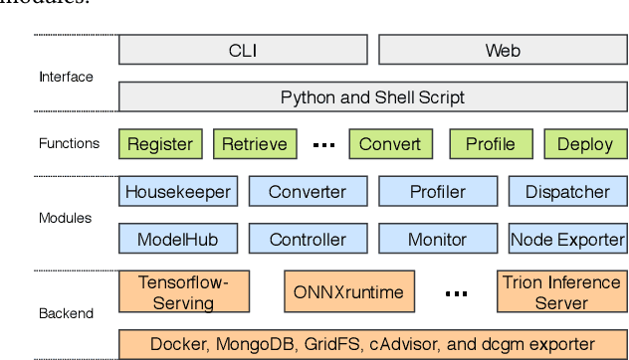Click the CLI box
243,50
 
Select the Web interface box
502,50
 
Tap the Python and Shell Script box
372,96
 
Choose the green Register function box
159,144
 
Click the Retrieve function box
255,144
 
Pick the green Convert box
390,144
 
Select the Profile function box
491,144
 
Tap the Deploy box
585,144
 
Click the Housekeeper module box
177,191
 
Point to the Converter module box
308,191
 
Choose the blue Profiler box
438,191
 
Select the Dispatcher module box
567,191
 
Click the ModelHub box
177,239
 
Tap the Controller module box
308,239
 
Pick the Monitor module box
438,239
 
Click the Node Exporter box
567,239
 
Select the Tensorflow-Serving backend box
183,291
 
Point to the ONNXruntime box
348,292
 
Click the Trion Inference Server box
561,291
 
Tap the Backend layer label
66,313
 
